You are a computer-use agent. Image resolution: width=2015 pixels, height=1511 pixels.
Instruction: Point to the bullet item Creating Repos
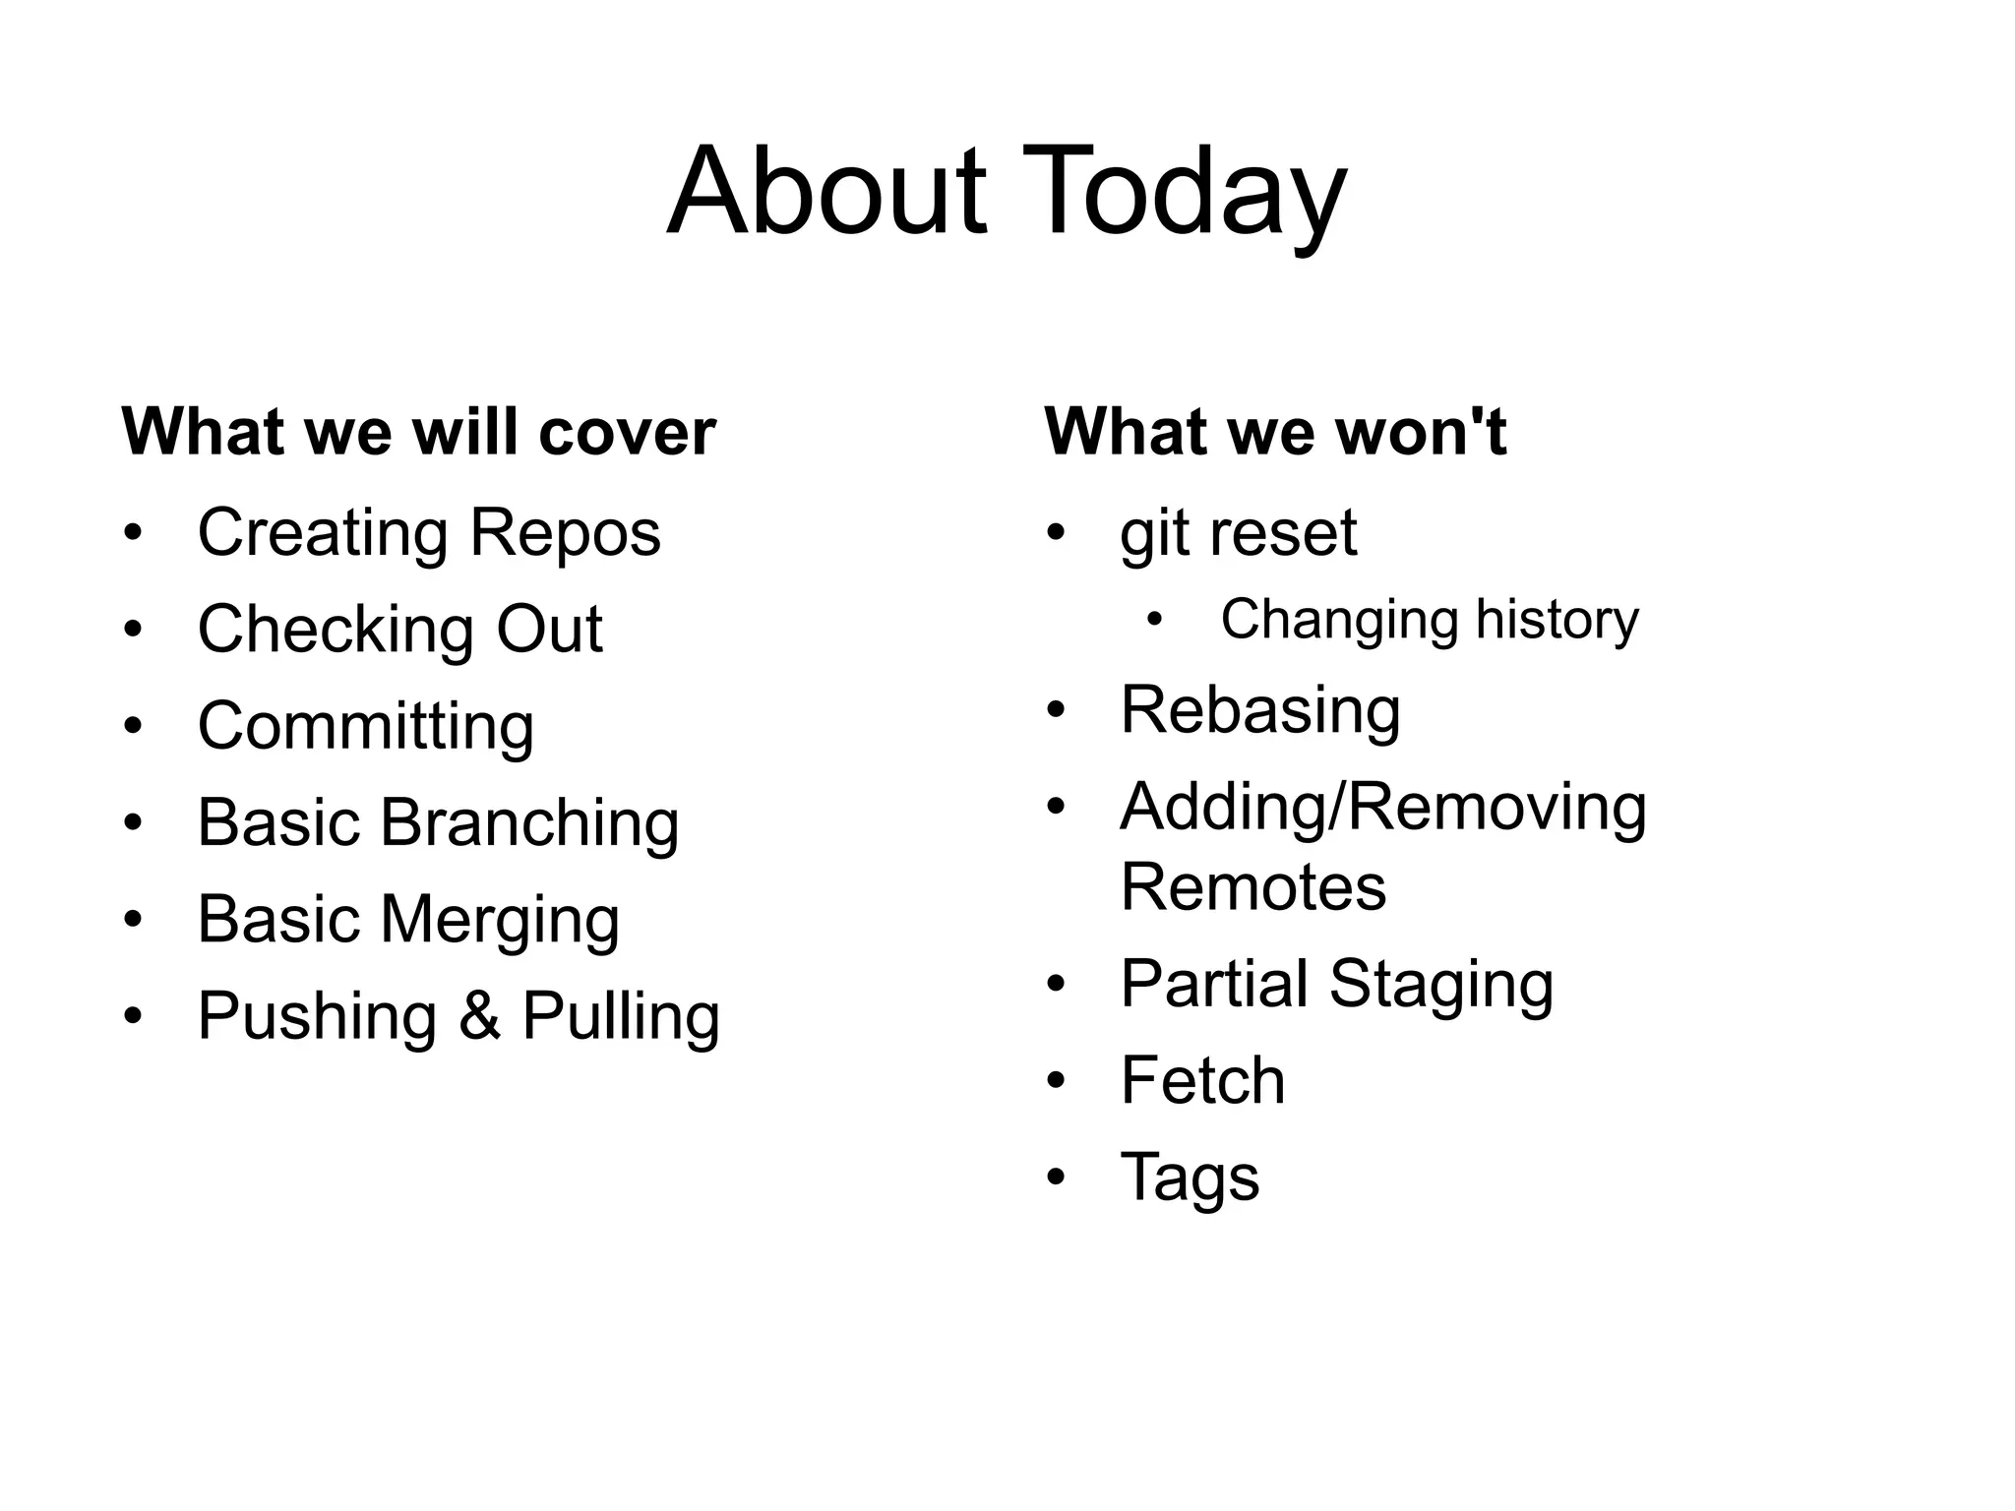coord(429,532)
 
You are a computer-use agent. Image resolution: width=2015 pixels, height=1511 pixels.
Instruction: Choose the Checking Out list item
coord(399,630)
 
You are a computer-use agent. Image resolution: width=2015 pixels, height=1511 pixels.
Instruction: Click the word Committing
coord(366,726)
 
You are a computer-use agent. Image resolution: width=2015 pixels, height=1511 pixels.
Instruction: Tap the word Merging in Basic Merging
coord(500,920)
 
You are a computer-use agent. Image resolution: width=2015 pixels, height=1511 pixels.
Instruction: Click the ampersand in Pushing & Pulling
coord(479,1016)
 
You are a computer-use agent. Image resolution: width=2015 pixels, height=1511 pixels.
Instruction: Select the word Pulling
coord(621,1016)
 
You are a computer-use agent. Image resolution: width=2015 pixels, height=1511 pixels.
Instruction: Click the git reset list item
coord(1239,532)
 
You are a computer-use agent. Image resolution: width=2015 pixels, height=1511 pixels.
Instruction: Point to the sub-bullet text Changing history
coord(1430,621)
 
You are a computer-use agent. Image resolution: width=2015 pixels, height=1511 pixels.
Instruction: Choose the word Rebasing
coord(1260,710)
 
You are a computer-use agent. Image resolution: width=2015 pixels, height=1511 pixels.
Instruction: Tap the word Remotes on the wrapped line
coord(1253,886)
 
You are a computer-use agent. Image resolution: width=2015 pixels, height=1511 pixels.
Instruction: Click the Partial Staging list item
coord(1337,984)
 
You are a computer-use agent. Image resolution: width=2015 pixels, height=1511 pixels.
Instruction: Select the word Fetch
coord(1202,1080)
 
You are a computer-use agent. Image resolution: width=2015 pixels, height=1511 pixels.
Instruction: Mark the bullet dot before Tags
coord(1056,1178)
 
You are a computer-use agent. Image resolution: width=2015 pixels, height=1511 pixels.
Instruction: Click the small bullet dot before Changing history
coord(1155,620)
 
